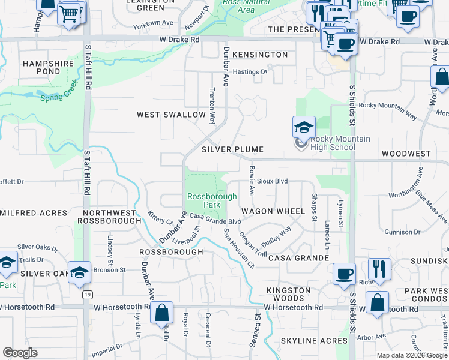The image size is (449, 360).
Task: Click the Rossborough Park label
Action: click(203, 200)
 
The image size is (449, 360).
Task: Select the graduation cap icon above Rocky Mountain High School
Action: click(304, 127)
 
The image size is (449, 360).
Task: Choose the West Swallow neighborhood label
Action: click(171, 115)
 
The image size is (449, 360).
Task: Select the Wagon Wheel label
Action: click(273, 212)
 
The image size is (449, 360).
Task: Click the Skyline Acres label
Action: click(313, 341)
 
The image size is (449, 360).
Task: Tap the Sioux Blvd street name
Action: click(273, 181)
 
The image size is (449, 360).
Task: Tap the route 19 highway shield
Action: click(88, 295)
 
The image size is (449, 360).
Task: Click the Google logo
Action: click(20, 353)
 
